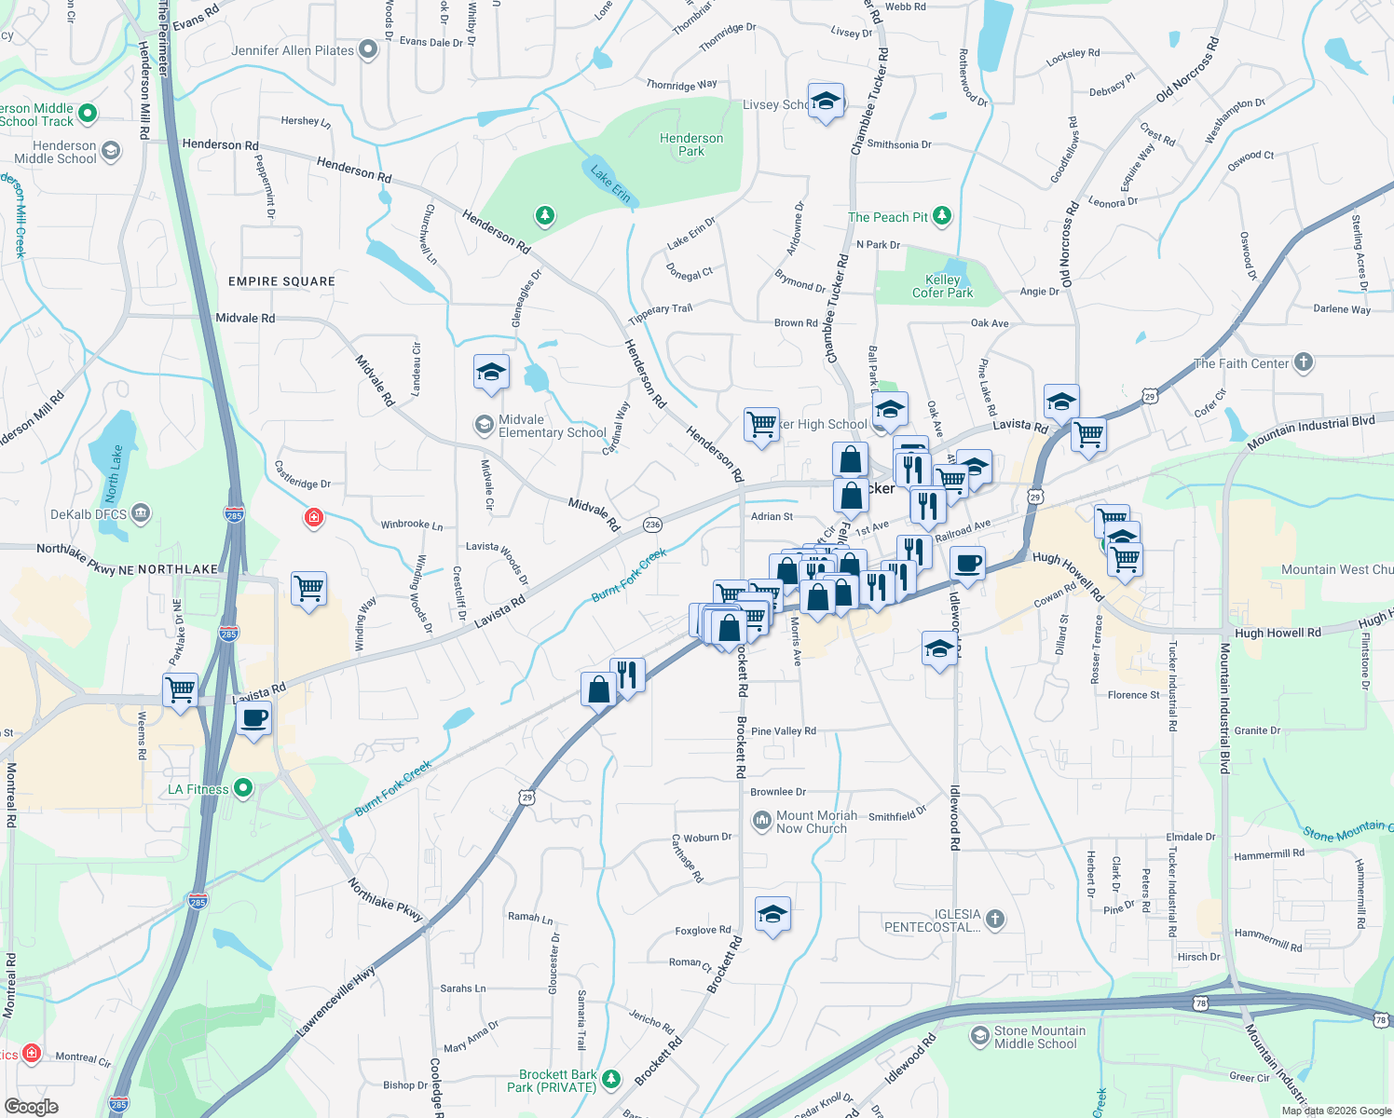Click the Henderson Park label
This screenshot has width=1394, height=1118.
pos(691,144)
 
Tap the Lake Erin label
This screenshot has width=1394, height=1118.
pos(610,184)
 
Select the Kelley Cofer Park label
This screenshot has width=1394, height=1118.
pos(942,286)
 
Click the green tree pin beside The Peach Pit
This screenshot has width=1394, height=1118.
pos(942,216)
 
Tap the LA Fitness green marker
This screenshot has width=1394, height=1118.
pos(243,789)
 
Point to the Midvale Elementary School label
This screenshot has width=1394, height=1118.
pos(552,426)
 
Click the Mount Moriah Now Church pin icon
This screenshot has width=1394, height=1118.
pos(761,821)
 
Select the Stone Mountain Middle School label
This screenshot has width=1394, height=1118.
pos(1039,1037)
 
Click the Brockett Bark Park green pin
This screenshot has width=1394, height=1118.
pos(611,1080)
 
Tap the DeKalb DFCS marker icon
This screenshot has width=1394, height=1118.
pos(140,513)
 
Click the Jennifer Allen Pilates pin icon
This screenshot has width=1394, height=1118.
pos(368,50)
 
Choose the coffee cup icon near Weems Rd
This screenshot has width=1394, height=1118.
pos(253,718)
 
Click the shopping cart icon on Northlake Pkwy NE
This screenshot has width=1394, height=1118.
pos(308,589)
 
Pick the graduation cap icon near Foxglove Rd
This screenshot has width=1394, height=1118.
pos(772,915)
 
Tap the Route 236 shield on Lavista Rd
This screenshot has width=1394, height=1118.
pos(652,525)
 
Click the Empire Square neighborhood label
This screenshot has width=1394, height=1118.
pos(281,281)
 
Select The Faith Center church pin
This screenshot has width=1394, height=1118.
pos(1303,362)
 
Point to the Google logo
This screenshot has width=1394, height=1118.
pos(31,1107)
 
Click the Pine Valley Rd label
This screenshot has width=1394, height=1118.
pos(783,731)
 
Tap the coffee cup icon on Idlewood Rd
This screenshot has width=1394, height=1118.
pos(968,565)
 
